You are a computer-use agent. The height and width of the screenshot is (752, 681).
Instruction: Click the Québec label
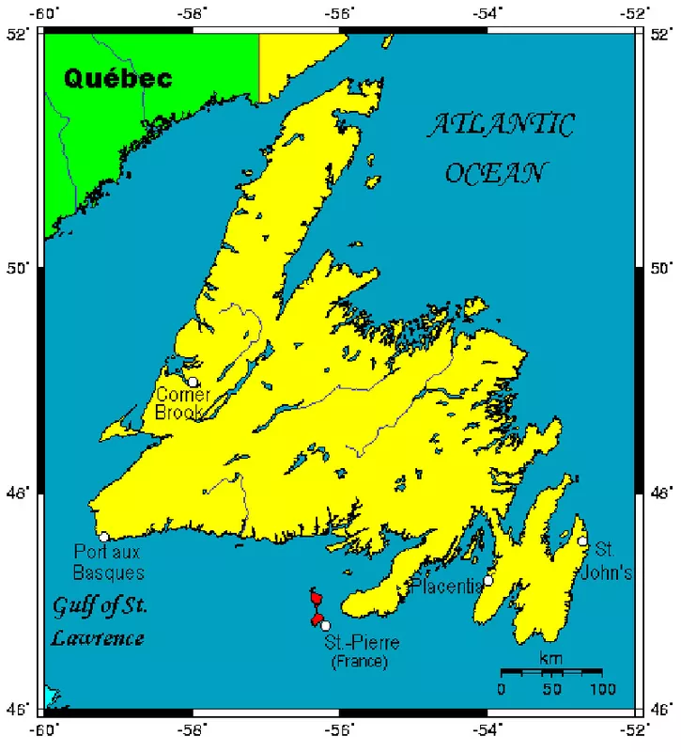pyautogui.click(x=118, y=78)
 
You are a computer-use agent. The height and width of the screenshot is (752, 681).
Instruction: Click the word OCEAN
pyautogui.click(x=497, y=173)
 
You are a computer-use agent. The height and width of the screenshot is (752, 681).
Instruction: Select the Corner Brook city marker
pyautogui.click(x=193, y=382)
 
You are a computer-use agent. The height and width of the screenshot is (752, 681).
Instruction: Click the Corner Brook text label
pyautogui.click(x=183, y=403)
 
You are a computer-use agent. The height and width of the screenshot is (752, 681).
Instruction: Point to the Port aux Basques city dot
pyautogui.click(x=104, y=537)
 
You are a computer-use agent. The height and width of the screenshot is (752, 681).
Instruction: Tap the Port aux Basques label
pyautogui.click(x=109, y=562)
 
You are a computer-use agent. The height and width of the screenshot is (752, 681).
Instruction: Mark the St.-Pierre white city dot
pyautogui.click(x=325, y=625)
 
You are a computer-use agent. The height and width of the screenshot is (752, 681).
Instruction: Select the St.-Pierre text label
pyautogui.click(x=362, y=644)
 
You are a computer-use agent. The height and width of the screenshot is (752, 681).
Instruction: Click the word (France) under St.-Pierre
pyautogui.click(x=359, y=663)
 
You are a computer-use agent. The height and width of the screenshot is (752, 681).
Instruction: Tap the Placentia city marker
pyautogui.click(x=488, y=581)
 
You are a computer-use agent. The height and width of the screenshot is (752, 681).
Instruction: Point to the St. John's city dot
pyautogui.click(x=582, y=541)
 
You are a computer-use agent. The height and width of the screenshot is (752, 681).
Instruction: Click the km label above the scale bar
pyautogui.click(x=551, y=658)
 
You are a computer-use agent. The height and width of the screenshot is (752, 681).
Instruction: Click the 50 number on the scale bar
pyautogui.click(x=551, y=690)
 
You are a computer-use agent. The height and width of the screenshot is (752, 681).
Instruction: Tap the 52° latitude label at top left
pyautogui.click(x=18, y=34)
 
